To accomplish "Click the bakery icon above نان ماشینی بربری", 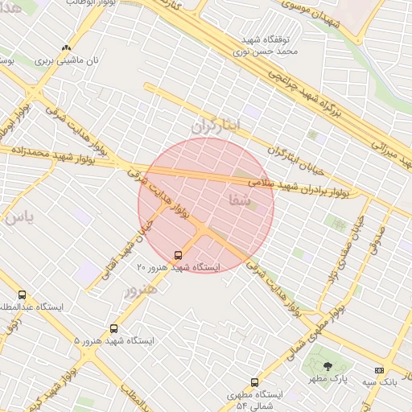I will tap(66, 47).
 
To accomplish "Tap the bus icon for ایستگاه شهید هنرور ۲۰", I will tap(178, 255).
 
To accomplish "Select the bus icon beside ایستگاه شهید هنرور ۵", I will tap(113, 328).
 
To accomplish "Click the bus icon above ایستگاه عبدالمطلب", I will tap(22, 295).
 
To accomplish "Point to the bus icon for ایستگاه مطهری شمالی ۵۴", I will tap(255, 382).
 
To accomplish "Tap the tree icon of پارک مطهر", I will tap(327, 366).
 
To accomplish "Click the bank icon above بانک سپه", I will tap(379, 370).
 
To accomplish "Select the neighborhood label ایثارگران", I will tap(216, 126).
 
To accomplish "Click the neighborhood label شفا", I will tap(240, 201).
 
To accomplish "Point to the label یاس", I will tap(18, 216).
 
